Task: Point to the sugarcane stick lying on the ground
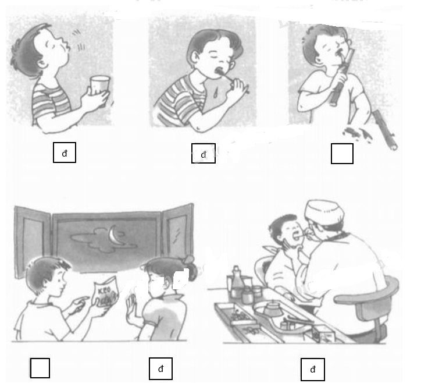tap(385, 130)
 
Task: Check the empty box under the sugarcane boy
tap(342, 154)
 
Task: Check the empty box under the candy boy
tap(40, 368)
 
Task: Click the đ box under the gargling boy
tap(65, 153)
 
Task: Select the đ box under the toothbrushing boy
tap(204, 154)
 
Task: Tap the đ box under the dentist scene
tap(312, 369)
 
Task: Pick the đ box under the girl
tap(161, 368)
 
